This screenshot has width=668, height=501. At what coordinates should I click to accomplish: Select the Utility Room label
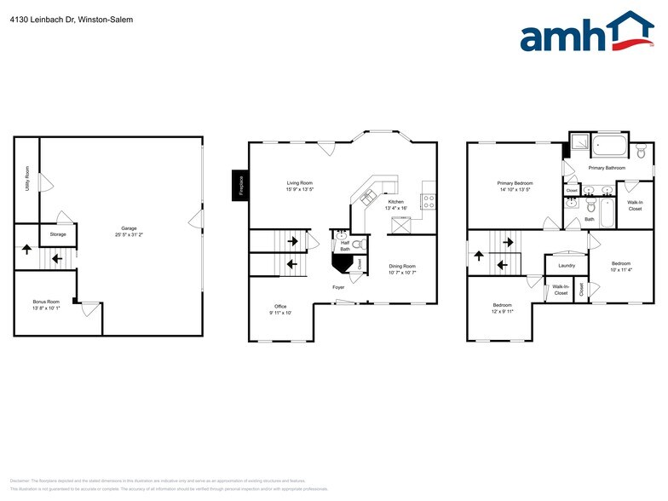[x=28, y=180]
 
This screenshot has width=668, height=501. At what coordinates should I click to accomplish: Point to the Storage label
[x=58, y=234]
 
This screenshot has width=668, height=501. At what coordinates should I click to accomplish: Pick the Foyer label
[x=338, y=288]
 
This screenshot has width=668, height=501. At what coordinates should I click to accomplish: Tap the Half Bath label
[x=345, y=245]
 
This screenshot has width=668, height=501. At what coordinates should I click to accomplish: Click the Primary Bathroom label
[x=606, y=169]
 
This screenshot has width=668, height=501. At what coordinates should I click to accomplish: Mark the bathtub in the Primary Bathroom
[x=608, y=146]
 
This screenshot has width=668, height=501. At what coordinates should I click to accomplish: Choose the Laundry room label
[x=567, y=266]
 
